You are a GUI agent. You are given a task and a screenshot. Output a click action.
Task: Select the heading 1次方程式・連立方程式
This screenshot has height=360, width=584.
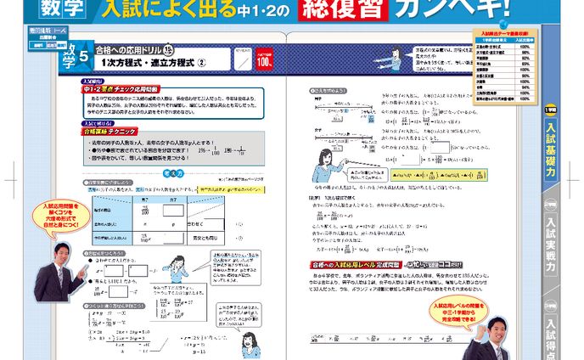(149, 63)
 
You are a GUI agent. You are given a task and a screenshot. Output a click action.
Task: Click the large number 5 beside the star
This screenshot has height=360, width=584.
(82, 59)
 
